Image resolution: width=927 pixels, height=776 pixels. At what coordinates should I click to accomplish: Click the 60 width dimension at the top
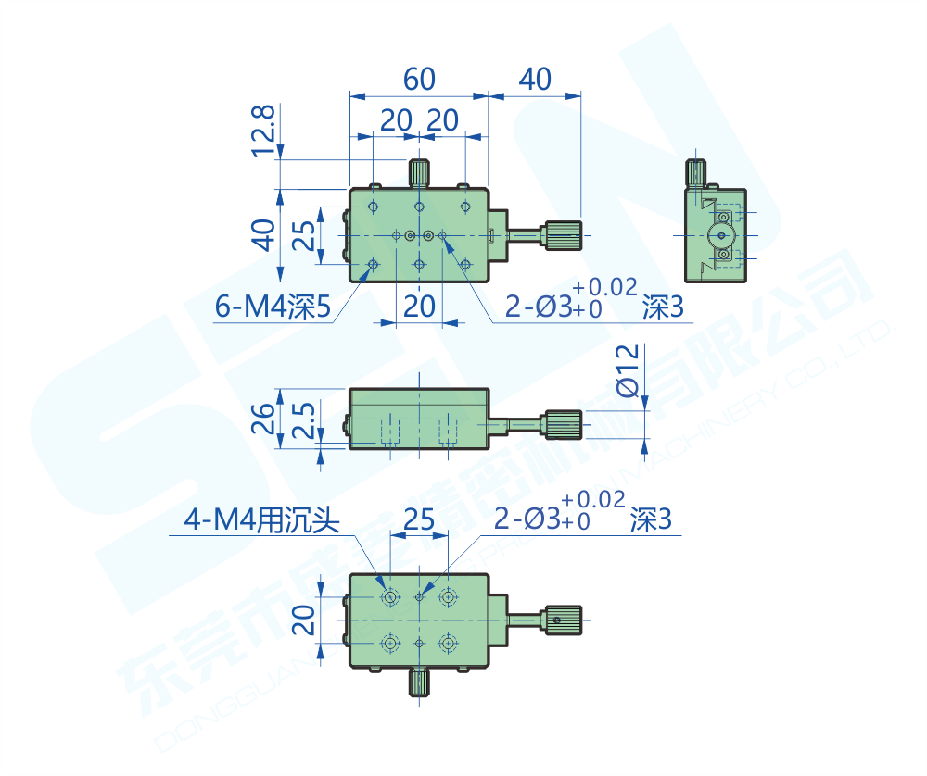click(x=419, y=80)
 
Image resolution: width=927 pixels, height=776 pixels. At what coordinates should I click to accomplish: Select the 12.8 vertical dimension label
click(x=264, y=129)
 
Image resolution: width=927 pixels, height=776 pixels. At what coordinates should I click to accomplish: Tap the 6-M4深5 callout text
click(x=273, y=307)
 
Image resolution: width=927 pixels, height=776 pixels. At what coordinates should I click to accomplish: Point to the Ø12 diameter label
click(x=628, y=369)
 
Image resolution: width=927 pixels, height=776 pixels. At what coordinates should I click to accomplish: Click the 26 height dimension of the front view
click(x=264, y=419)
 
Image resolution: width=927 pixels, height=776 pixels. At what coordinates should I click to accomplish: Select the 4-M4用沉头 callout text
click(x=262, y=521)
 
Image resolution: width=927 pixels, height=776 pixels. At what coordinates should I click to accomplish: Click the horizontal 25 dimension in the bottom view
click(x=419, y=520)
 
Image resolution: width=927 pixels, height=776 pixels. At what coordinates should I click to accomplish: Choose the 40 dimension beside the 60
click(x=535, y=80)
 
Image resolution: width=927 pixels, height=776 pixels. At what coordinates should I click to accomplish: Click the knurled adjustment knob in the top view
click(x=564, y=235)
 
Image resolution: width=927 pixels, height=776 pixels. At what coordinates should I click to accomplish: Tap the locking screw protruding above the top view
click(x=419, y=173)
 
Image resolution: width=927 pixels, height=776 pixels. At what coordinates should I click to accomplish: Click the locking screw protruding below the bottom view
click(x=419, y=683)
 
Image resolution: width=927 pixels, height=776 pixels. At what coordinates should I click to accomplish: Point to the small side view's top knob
click(x=695, y=171)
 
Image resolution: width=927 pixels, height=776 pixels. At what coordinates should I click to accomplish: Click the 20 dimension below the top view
click(x=420, y=307)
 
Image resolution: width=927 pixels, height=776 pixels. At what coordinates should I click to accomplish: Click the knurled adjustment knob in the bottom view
click(x=564, y=619)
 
